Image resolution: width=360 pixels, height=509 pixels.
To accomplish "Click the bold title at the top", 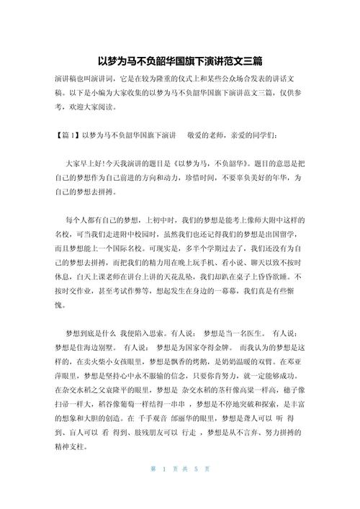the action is (179, 62).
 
